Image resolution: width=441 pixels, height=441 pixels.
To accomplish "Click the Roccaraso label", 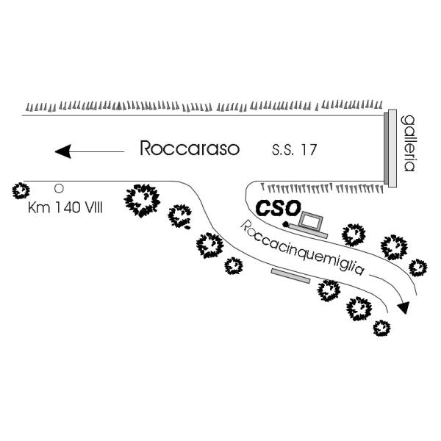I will pyautogui.click(x=190, y=150).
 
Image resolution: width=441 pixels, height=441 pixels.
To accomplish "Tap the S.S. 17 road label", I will pyautogui.click(x=293, y=151).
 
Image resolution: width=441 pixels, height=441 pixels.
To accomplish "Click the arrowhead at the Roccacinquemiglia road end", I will pyautogui.click(x=402, y=307).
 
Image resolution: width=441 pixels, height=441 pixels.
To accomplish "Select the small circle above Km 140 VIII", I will pyautogui.click(x=59, y=188).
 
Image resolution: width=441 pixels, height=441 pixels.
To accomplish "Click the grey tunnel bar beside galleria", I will pyautogui.click(x=391, y=147).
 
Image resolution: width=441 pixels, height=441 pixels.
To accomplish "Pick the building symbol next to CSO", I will pyautogui.click(x=309, y=225).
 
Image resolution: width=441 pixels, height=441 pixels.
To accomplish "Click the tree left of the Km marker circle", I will pyautogui.click(x=21, y=191).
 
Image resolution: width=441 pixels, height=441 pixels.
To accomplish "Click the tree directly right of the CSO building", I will pyautogui.click(x=354, y=234).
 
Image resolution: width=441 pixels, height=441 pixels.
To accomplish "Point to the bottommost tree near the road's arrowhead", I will pyautogui.click(x=381, y=328).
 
